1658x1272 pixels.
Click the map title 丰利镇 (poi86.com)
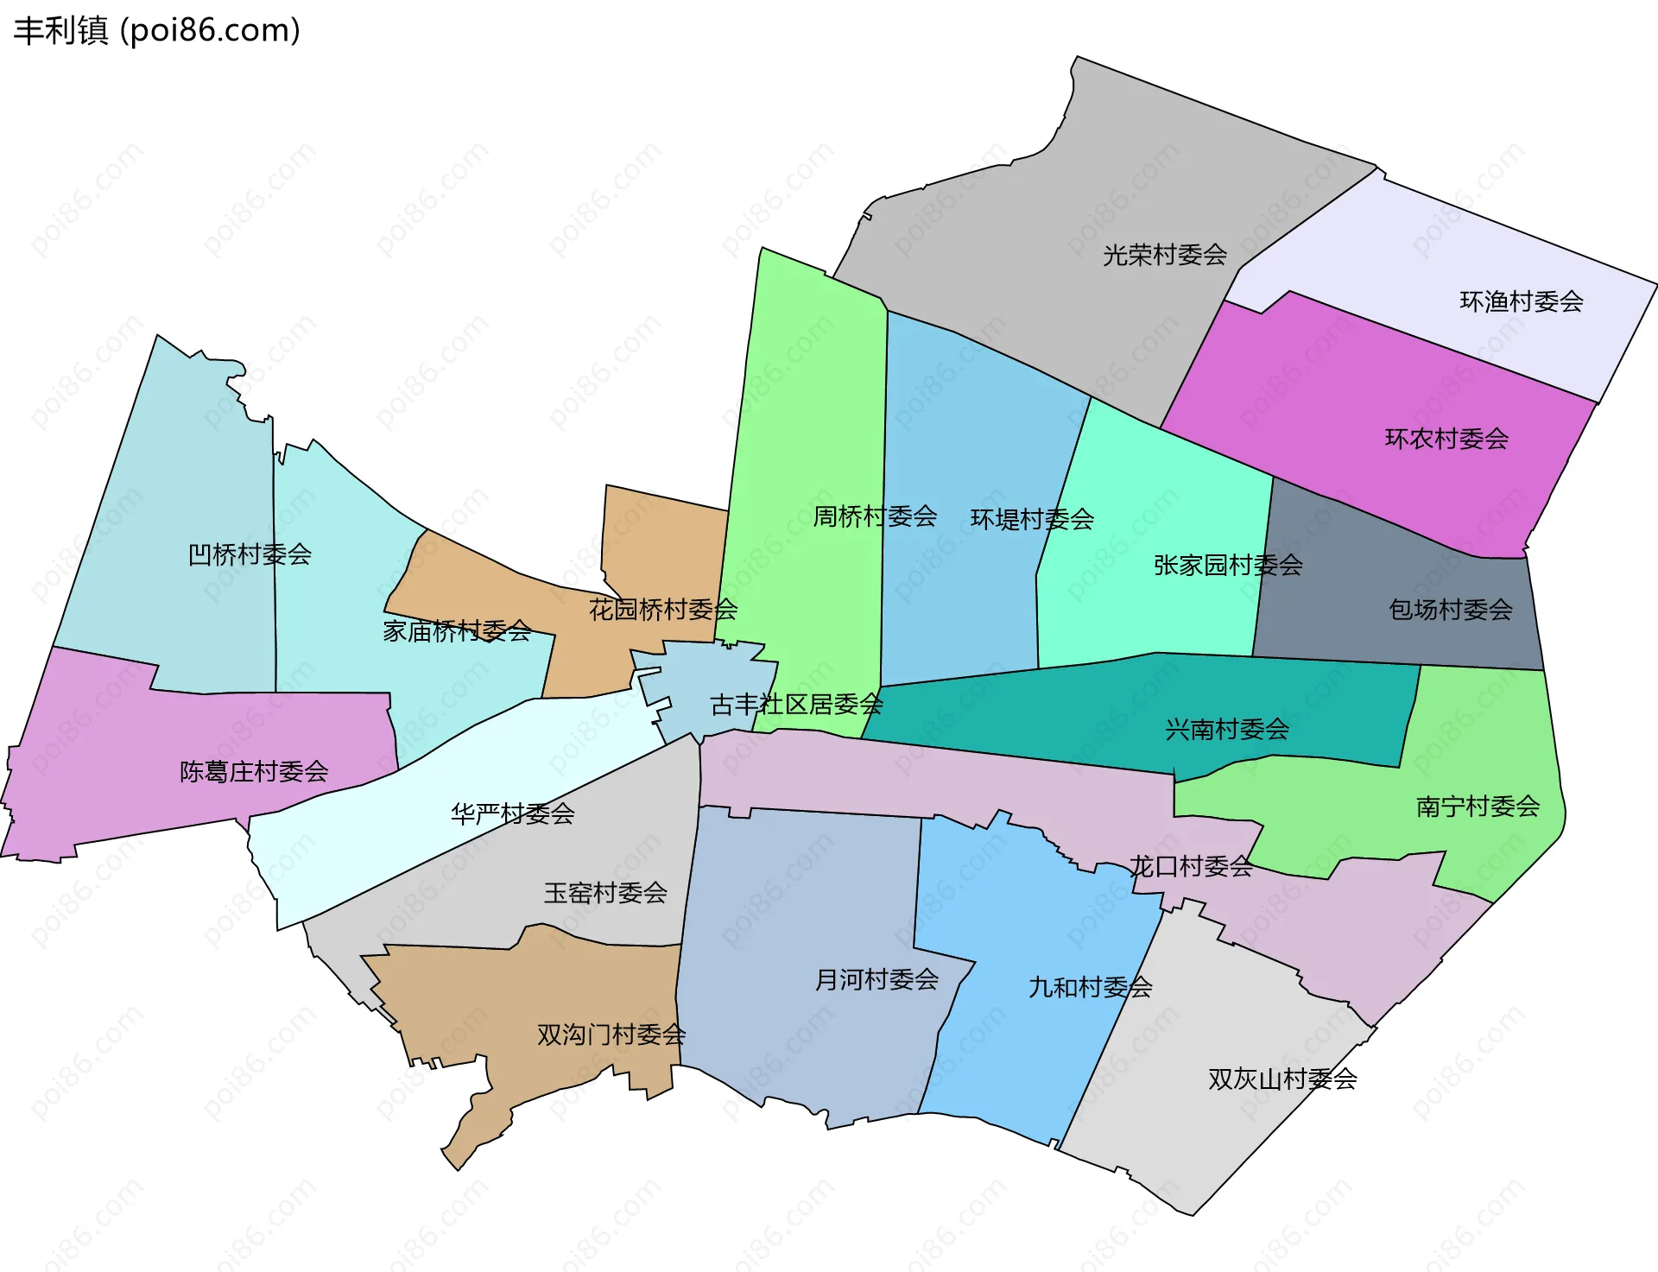tap(157, 30)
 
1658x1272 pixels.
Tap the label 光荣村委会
tap(1165, 255)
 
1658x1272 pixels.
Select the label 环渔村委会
tap(1522, 301)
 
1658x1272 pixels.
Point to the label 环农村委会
tap(1447, 439)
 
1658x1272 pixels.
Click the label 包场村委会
tap(1451, 610)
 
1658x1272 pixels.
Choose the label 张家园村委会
tap(1228, 565)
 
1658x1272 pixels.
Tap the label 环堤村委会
tap(1032, 519)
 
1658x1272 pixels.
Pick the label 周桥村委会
tap(875, 516)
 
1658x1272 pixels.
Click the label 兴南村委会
tap(1227, 730)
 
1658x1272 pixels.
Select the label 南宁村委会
tap(1478, 807)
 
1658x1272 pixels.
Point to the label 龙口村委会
tap(1191, 866)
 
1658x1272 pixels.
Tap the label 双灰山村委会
tap(1282, 1079)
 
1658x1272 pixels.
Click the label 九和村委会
tap(1091, 987)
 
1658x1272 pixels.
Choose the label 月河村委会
tap(877, 979)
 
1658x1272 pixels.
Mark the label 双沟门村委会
tap(611, 1035)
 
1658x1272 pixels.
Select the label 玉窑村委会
tap(605, 893)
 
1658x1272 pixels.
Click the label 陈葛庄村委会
tap(254, 771)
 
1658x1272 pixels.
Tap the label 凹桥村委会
tap(250, 554)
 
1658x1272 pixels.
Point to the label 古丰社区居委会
tap(796, 705)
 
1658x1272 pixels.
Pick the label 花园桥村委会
tap(663, 610)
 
